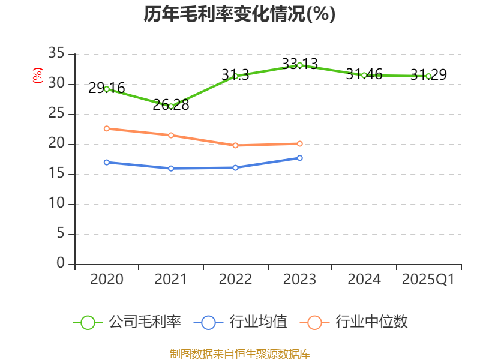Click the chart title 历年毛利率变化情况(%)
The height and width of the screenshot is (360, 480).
(239, 14)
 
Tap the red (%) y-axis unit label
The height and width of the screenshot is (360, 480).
(37, 76)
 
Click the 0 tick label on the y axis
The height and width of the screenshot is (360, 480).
(60, 263)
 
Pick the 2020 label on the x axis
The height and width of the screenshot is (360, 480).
(107, 280)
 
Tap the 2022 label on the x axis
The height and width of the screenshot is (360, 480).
(235, 280)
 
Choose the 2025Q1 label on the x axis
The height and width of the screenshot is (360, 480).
(428, 280)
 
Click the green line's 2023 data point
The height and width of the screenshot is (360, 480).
(300, 65)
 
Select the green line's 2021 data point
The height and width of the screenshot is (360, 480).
(171, 106)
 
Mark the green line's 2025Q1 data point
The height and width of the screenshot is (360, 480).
(428, 76)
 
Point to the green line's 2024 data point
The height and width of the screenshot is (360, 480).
(364, 75)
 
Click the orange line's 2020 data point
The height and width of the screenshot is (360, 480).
(107, 128)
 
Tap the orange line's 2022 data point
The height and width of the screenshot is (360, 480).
(235, 145)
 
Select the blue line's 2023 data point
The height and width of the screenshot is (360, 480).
(300, 158)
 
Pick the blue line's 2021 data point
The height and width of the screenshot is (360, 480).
(171, 168)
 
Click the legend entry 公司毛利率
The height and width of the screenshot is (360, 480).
(127, 322)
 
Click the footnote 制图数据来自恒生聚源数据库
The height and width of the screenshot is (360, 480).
(239, 353)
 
